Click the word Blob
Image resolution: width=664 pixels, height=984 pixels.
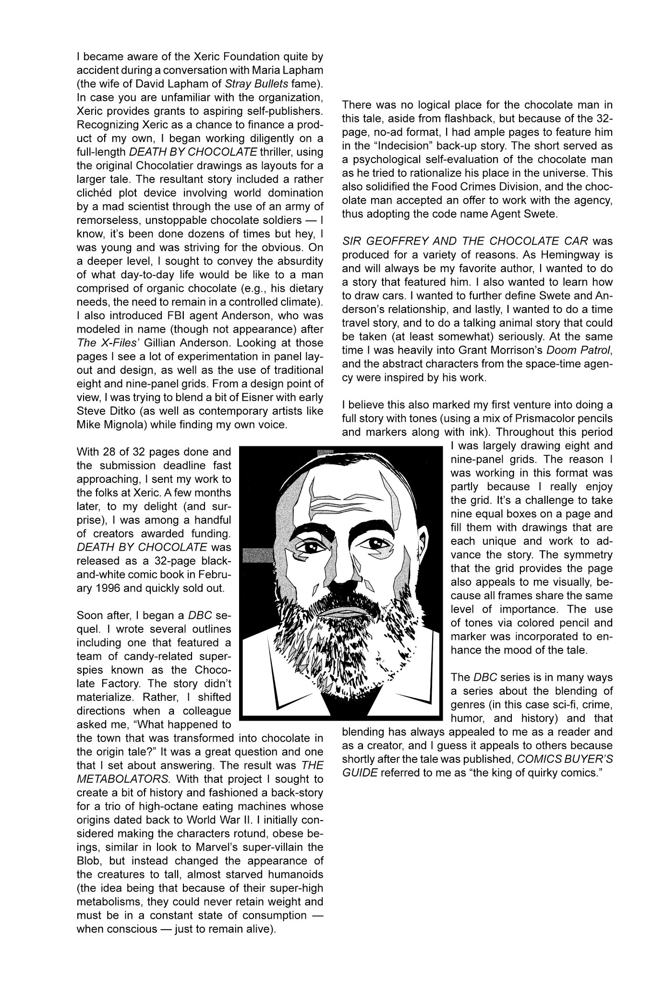(88, 861)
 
